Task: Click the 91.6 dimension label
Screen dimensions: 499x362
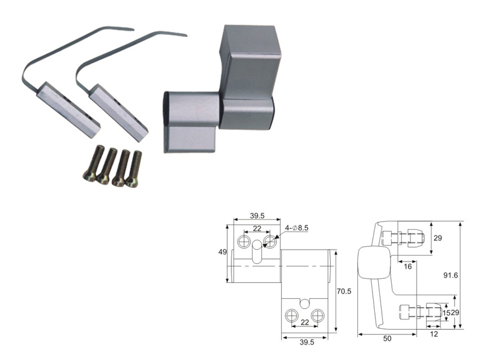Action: pyautogui.click(x=450, y=275)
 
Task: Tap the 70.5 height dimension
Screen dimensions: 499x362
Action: pyautogui.click(x=344, y=291)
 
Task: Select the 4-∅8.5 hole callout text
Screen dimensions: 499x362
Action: pyautogui.click(x=297, y=228)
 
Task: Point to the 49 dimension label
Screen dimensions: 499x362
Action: pyautogui.click(x=223, y=252)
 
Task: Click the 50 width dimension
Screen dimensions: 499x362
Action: pyautogui.click(x=387, y=339)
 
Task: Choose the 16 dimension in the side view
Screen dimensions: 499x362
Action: pyautogui.click(x=408, y=267)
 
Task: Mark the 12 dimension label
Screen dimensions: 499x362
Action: pyautogui.click(x=434, y=334)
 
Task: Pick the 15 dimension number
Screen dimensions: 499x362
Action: pyautogui.click(x=447, y=313)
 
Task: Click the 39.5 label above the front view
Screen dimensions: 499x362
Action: pyautogui.click(x=257, y=215)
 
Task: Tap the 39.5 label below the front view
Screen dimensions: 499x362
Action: pyautogui.click(x=307, y=342)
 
